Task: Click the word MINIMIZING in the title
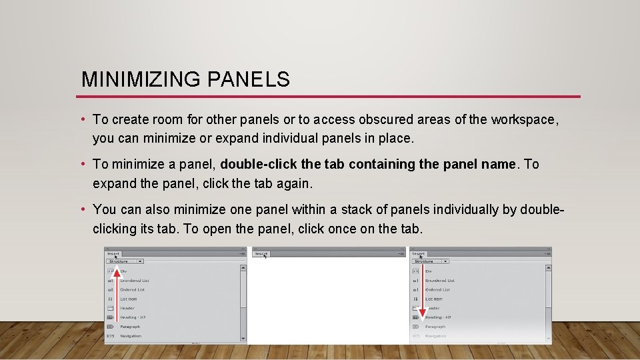click(x=141, y=80)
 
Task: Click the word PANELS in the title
click(x=249, y=80)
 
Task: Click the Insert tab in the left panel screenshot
click(x=113, y=253)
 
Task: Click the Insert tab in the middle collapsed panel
click(x=261, y=253)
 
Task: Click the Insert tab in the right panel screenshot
click(x=419, y=253)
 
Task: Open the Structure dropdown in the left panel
click(x=125, y=261)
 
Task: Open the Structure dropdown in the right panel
click(x=431, y=261)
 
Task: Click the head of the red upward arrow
click(x=116, y=257)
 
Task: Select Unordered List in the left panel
click(x=135, y=281)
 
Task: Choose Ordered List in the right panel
click(x=438, y=290)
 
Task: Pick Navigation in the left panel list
click(x=131, y=336)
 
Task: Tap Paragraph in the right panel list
click(x=435, y=327)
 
